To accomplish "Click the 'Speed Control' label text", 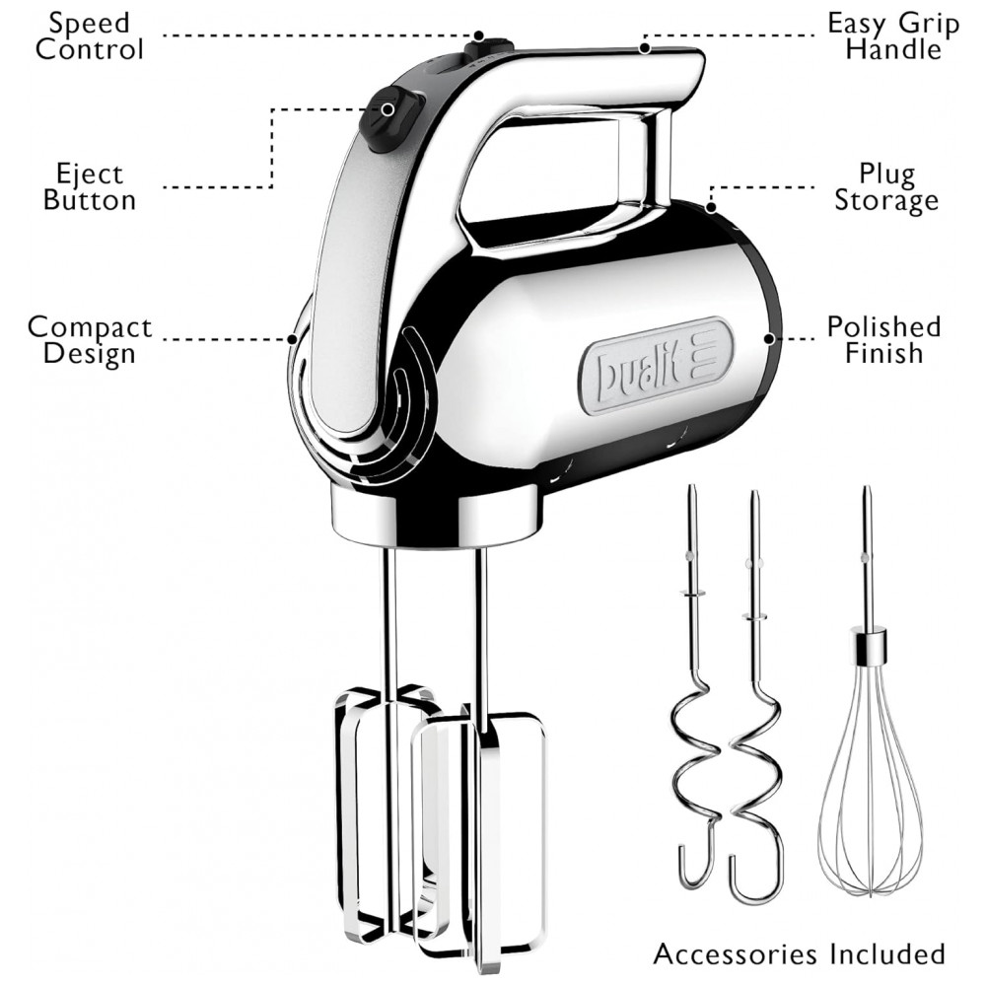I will click(x=90, y=36).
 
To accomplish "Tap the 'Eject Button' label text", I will click(x=90, y=187).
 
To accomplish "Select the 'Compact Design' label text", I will click(x=90, y=340).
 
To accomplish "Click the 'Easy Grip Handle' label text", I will click(x=893, y=36).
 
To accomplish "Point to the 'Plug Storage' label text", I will click(x=886, y=187).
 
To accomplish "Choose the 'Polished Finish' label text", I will click(x=883, y=340).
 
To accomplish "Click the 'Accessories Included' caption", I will click(x=799, y=953).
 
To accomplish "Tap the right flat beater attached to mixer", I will click(x=483, y=828).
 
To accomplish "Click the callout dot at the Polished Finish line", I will click(x=769, y=338).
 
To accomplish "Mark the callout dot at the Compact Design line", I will click(x=293, y=339).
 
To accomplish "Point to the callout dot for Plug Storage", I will click(x=710, y=207).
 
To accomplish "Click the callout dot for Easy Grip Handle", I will click(x=644, y=46).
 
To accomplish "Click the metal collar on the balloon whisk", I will click(x=868, y=645).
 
